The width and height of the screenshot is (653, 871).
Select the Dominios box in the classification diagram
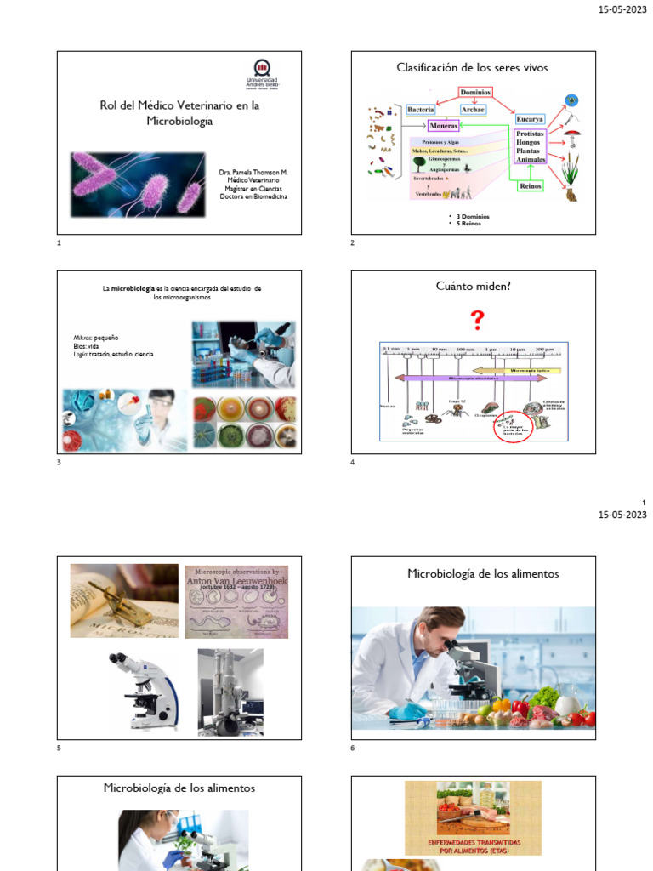click(475, 92)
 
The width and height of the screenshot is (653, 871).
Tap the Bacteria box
click(421, 110)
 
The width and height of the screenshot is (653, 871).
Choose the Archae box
click(473, 110)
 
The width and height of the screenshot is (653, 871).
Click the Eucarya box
click(530, 119)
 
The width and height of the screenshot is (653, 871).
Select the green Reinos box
click(530, 185)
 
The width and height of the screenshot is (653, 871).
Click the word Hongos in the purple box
click(531, 143)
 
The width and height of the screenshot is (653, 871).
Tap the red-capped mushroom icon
click(573, 134)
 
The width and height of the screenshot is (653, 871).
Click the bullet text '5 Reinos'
click(473, 223)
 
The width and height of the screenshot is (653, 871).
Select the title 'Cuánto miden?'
click(473, 286)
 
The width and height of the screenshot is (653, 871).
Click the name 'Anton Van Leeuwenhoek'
click(236, 582)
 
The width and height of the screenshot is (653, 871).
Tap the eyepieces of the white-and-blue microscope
click(120, 660)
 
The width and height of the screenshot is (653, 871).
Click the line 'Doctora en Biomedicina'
click(253, 196)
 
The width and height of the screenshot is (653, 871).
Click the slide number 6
click(353, 749)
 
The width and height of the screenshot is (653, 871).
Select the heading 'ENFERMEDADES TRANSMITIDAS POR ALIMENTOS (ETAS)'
click(473, 845)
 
